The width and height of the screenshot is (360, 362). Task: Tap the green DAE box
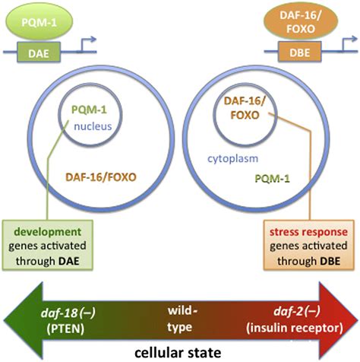39,52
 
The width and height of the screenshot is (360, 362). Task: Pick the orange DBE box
300,52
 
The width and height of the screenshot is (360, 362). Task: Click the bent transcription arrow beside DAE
86,45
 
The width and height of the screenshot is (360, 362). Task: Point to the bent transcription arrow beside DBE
348,45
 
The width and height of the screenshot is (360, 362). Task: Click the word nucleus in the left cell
93,126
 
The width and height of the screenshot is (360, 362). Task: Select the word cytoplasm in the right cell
233,159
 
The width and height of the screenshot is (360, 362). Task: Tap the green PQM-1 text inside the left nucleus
89,110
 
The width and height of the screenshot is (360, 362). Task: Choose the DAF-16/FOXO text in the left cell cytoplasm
101,177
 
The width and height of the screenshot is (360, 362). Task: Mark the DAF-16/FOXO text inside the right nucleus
245,108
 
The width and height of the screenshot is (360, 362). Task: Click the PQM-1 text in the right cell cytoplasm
272,179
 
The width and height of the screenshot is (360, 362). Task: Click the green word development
48,232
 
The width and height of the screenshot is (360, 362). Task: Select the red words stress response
308,232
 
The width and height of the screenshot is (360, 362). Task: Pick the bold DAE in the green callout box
69,261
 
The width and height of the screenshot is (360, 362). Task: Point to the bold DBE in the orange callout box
330,261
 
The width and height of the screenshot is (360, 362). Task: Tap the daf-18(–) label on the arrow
68,313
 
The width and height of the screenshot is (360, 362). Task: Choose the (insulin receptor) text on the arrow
295,328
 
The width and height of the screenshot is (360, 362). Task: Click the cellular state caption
178,353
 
